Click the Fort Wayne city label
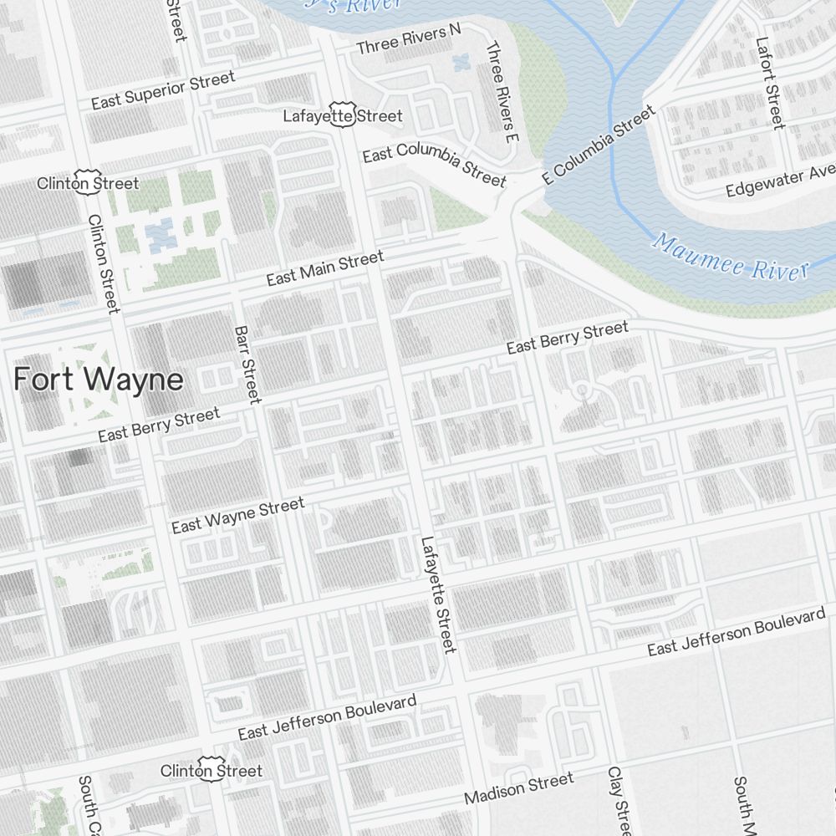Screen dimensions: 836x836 [99, 380]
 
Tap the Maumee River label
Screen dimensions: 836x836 [731, 257]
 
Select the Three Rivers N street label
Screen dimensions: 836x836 [409, 39]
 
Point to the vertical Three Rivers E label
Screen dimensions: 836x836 [502, 89]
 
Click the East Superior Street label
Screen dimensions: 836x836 [163, 90]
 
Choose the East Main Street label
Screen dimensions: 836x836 [325, 268]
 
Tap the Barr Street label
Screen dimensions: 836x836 [248, 364]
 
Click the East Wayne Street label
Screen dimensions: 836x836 [237, 515]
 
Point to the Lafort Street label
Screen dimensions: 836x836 [770, 82]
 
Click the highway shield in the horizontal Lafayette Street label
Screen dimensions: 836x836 [343, 116]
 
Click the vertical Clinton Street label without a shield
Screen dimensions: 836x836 [104, 263]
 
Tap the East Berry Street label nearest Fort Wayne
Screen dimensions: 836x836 [159, 424]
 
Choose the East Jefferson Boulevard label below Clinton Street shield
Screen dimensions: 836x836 [327, 717]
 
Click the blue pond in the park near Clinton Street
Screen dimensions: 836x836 [159, 235]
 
